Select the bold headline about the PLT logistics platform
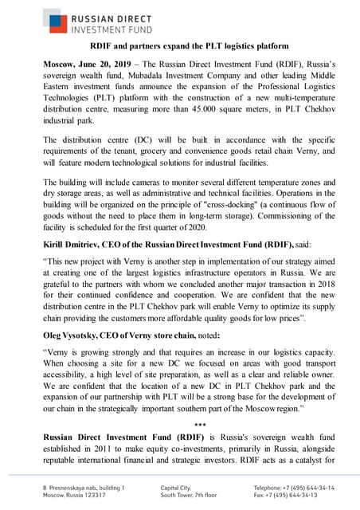[x=180, y=48]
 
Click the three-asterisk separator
[x=179, y=426]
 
